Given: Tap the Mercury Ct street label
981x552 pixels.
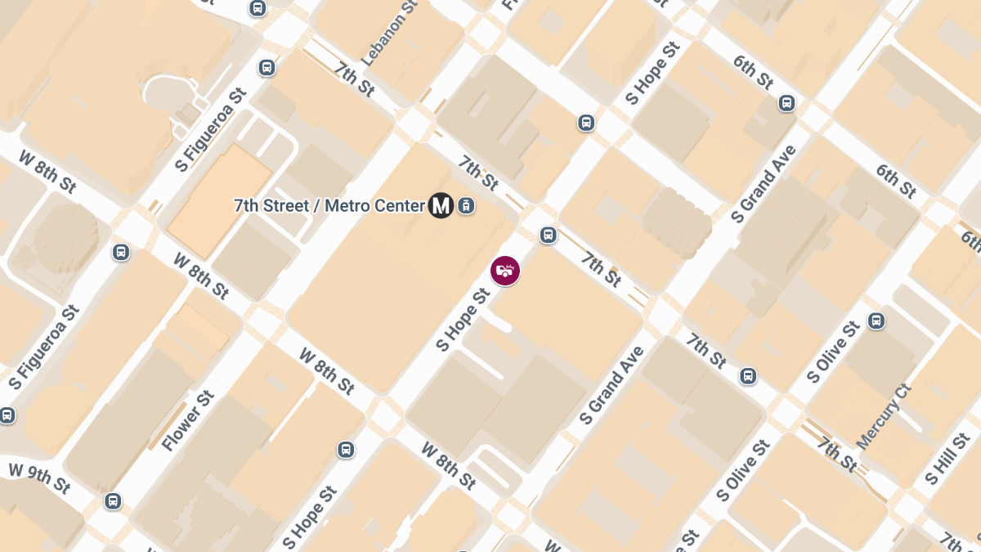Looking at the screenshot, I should click(x=884, y=416).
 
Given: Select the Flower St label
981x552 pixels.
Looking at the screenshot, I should click(x=187, y=420).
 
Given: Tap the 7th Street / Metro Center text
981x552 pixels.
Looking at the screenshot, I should click(x=329, y=205).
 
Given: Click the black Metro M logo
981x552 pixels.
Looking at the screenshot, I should click(x=441, y=205).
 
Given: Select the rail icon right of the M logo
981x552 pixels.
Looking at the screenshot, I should click(x=466, y=205).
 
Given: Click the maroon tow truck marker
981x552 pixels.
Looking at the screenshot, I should click(x=505, y=271).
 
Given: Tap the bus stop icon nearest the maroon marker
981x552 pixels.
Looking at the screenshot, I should click(x=548, y=236).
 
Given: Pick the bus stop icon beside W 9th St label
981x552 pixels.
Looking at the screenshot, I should click(x=113, y=500).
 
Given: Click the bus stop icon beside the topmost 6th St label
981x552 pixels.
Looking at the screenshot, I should click(x=786, y=103).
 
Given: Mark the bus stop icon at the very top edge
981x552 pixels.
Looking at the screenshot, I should click(x=258, y=8).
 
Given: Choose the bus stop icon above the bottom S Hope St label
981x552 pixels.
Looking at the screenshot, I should click(x=346, y=450).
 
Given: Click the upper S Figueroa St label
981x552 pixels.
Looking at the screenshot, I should click(x=210, y=132).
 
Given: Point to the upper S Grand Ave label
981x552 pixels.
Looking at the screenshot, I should click(x=764, y=185).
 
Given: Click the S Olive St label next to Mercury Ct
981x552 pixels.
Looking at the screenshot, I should click(x=832, y=352).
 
